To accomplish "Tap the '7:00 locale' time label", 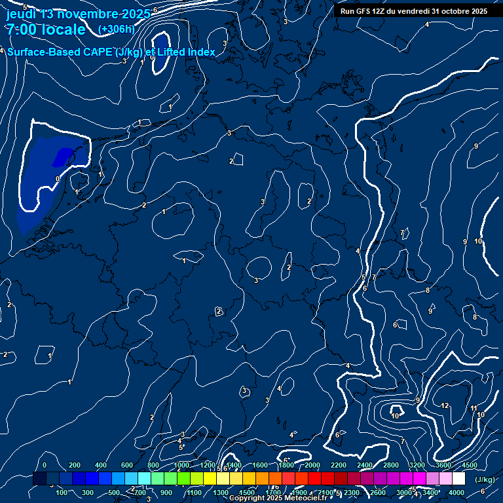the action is pos(45,30).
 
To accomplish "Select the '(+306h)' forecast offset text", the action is pos(116,29).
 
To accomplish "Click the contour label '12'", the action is pos(445,406).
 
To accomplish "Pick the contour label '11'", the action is pos(474,409).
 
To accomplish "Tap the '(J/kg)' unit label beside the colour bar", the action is pos(485,480).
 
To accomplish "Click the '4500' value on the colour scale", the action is pos(470,465).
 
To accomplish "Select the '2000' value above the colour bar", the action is pos(312,465).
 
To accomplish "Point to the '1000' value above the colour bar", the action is pos(181,465).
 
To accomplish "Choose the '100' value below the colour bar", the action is pos(62,493).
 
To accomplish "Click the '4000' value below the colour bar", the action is pos(456,493).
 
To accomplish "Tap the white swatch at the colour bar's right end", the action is pos(458,479).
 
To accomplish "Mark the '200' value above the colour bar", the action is pos(75,465).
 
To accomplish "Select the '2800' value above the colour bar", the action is pos(391,465).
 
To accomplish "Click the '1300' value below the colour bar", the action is pos(221,493).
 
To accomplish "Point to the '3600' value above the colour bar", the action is pos(443,465).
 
